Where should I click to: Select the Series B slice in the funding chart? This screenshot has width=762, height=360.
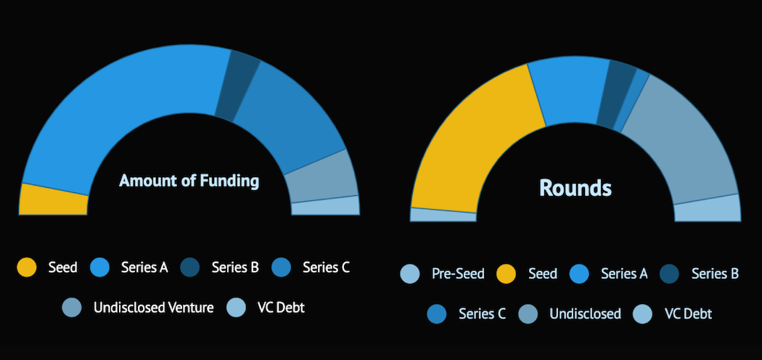coord(237,86)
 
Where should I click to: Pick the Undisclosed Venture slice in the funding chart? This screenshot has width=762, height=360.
coord(321,177)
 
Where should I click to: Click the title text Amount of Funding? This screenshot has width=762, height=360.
coord(189,181)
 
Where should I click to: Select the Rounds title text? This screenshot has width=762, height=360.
coord(575,188)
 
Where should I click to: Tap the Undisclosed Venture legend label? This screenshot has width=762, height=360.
coord(154,308)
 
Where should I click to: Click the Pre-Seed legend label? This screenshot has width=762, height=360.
coord(458,274)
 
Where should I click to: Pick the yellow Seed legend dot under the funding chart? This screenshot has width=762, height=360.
coord(27,267)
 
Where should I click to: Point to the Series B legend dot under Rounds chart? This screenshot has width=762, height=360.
coord(670,274)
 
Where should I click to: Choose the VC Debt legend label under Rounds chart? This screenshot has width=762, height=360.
coord(688,314)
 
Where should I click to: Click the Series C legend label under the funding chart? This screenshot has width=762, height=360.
coord(326,267)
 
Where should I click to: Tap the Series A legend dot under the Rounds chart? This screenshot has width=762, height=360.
coord(579,274)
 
